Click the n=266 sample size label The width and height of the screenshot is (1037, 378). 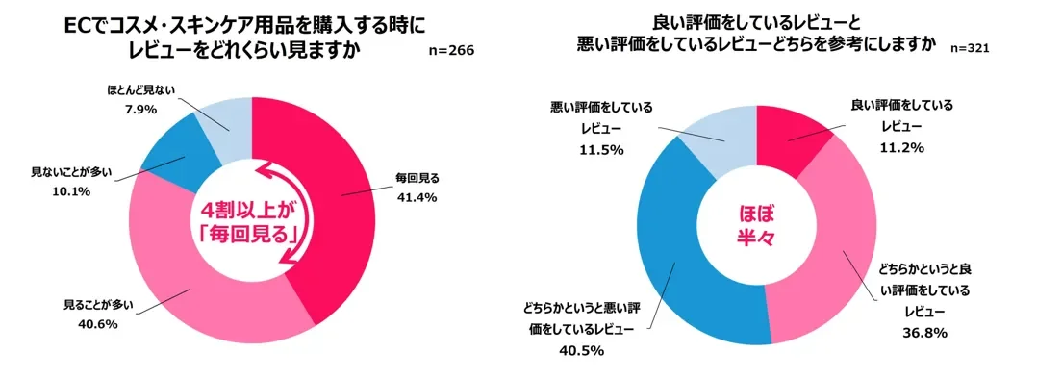pos(451,49)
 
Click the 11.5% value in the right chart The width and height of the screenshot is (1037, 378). pos(602,149)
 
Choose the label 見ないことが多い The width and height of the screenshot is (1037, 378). pos(72,172)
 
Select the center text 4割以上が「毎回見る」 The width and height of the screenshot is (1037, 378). pos(249,222)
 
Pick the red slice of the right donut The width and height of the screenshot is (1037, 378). pos(790,136)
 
